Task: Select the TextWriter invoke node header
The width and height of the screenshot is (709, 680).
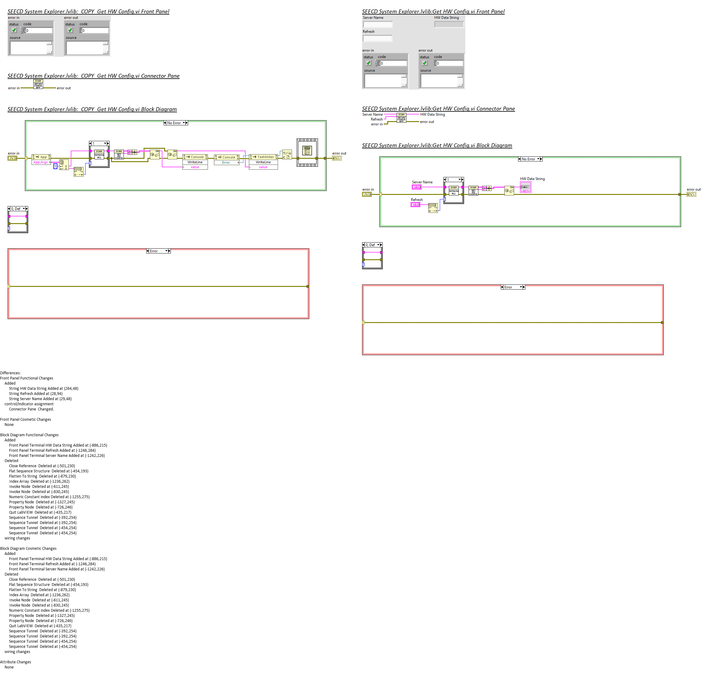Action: click(263, 157)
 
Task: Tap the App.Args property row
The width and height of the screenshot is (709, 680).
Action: click(40, 162)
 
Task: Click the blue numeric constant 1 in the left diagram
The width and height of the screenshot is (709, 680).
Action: click(55, 166)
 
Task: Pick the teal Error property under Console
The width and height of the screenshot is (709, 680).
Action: click(226, 162)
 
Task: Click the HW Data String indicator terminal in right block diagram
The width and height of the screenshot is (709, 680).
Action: click(525, 187)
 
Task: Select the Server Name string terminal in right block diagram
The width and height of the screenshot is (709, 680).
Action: click(417, 187)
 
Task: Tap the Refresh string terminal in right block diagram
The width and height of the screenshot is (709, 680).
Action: click(415, 205)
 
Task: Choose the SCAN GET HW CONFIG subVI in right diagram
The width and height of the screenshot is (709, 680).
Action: click(473, 191)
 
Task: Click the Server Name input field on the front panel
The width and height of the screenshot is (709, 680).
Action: click(378, 24)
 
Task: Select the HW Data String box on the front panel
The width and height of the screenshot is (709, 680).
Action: click(449, 24)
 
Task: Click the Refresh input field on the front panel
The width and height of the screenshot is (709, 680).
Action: click(378, 38)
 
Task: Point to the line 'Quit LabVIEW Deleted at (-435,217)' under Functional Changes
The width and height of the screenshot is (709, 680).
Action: click(40, 512)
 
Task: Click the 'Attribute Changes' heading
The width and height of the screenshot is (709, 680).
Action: click(15, 662)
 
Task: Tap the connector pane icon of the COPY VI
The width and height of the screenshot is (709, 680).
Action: click(38, 84)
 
